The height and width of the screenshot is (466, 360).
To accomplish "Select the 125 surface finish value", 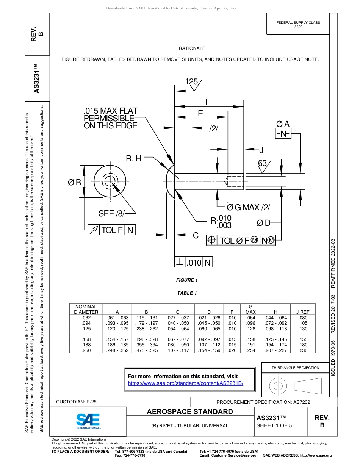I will pos(191,82).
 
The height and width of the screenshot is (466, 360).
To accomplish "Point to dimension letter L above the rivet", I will pos(207,102).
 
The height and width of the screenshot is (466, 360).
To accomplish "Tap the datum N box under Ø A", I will pos(282,133).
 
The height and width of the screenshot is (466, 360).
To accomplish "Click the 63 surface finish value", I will pos(262,163).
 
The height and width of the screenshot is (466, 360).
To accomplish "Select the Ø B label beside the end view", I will pos(74,182).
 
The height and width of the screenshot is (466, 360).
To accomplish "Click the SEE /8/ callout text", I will pos(111,214).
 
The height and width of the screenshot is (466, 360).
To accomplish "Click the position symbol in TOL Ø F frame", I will pos(211,240).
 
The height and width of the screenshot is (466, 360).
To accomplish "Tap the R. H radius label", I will pos(133,158).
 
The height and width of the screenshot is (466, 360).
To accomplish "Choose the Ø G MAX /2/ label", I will pos(248,207).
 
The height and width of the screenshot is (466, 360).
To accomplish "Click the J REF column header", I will pos(302,312).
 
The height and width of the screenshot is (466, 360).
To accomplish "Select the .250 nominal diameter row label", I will pos(86,350).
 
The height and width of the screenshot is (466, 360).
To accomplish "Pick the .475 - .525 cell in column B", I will pos(146,350).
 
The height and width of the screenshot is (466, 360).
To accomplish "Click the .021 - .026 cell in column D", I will pos(209,317).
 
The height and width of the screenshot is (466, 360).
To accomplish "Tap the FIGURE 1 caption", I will pos(187,280).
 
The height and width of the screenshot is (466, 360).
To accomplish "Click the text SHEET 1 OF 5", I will pos(274,425).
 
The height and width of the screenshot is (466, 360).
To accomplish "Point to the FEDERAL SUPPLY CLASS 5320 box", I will pos(298,25).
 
